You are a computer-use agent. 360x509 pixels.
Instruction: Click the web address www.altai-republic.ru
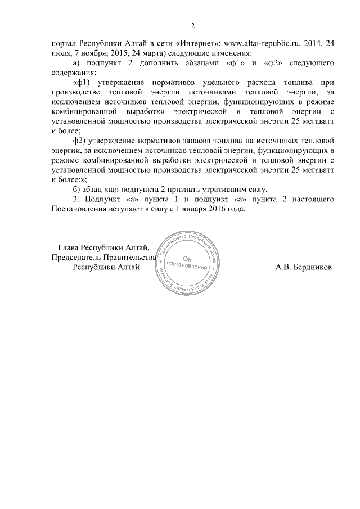pos(265,43)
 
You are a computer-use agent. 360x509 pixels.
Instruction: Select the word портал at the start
pos(62,43)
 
